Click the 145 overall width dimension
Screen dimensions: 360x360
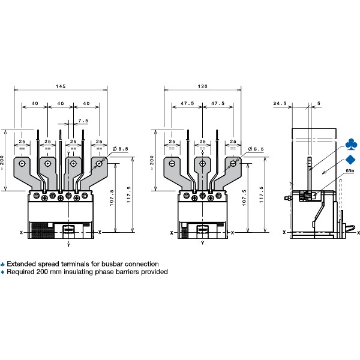tap(61, 86)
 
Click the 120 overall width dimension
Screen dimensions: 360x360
tap(203, 86)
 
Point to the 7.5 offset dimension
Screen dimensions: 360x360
tap(83, 121)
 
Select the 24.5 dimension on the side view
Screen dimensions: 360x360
tap(280, 104)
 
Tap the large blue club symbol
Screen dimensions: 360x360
tap(351, 144)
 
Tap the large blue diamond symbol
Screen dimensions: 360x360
tap(350, 160)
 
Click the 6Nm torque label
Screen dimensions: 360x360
tap(350, 171)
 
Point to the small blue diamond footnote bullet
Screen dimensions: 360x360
tap(3, 272)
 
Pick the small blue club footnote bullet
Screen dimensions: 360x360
tap(3, 265)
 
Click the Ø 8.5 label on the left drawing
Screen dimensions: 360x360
tap(121, 149)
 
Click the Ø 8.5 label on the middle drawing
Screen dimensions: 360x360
tap(256, 149)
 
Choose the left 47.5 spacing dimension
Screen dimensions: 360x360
tap(187, 104)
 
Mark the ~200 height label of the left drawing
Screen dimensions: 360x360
tap(2, 163)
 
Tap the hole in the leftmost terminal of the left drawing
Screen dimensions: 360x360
tap(22, 164)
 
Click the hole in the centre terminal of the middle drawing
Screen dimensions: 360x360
tap(203, 164)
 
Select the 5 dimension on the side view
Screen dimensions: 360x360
tap(319, 104)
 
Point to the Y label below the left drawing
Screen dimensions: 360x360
tap(68, 245)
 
